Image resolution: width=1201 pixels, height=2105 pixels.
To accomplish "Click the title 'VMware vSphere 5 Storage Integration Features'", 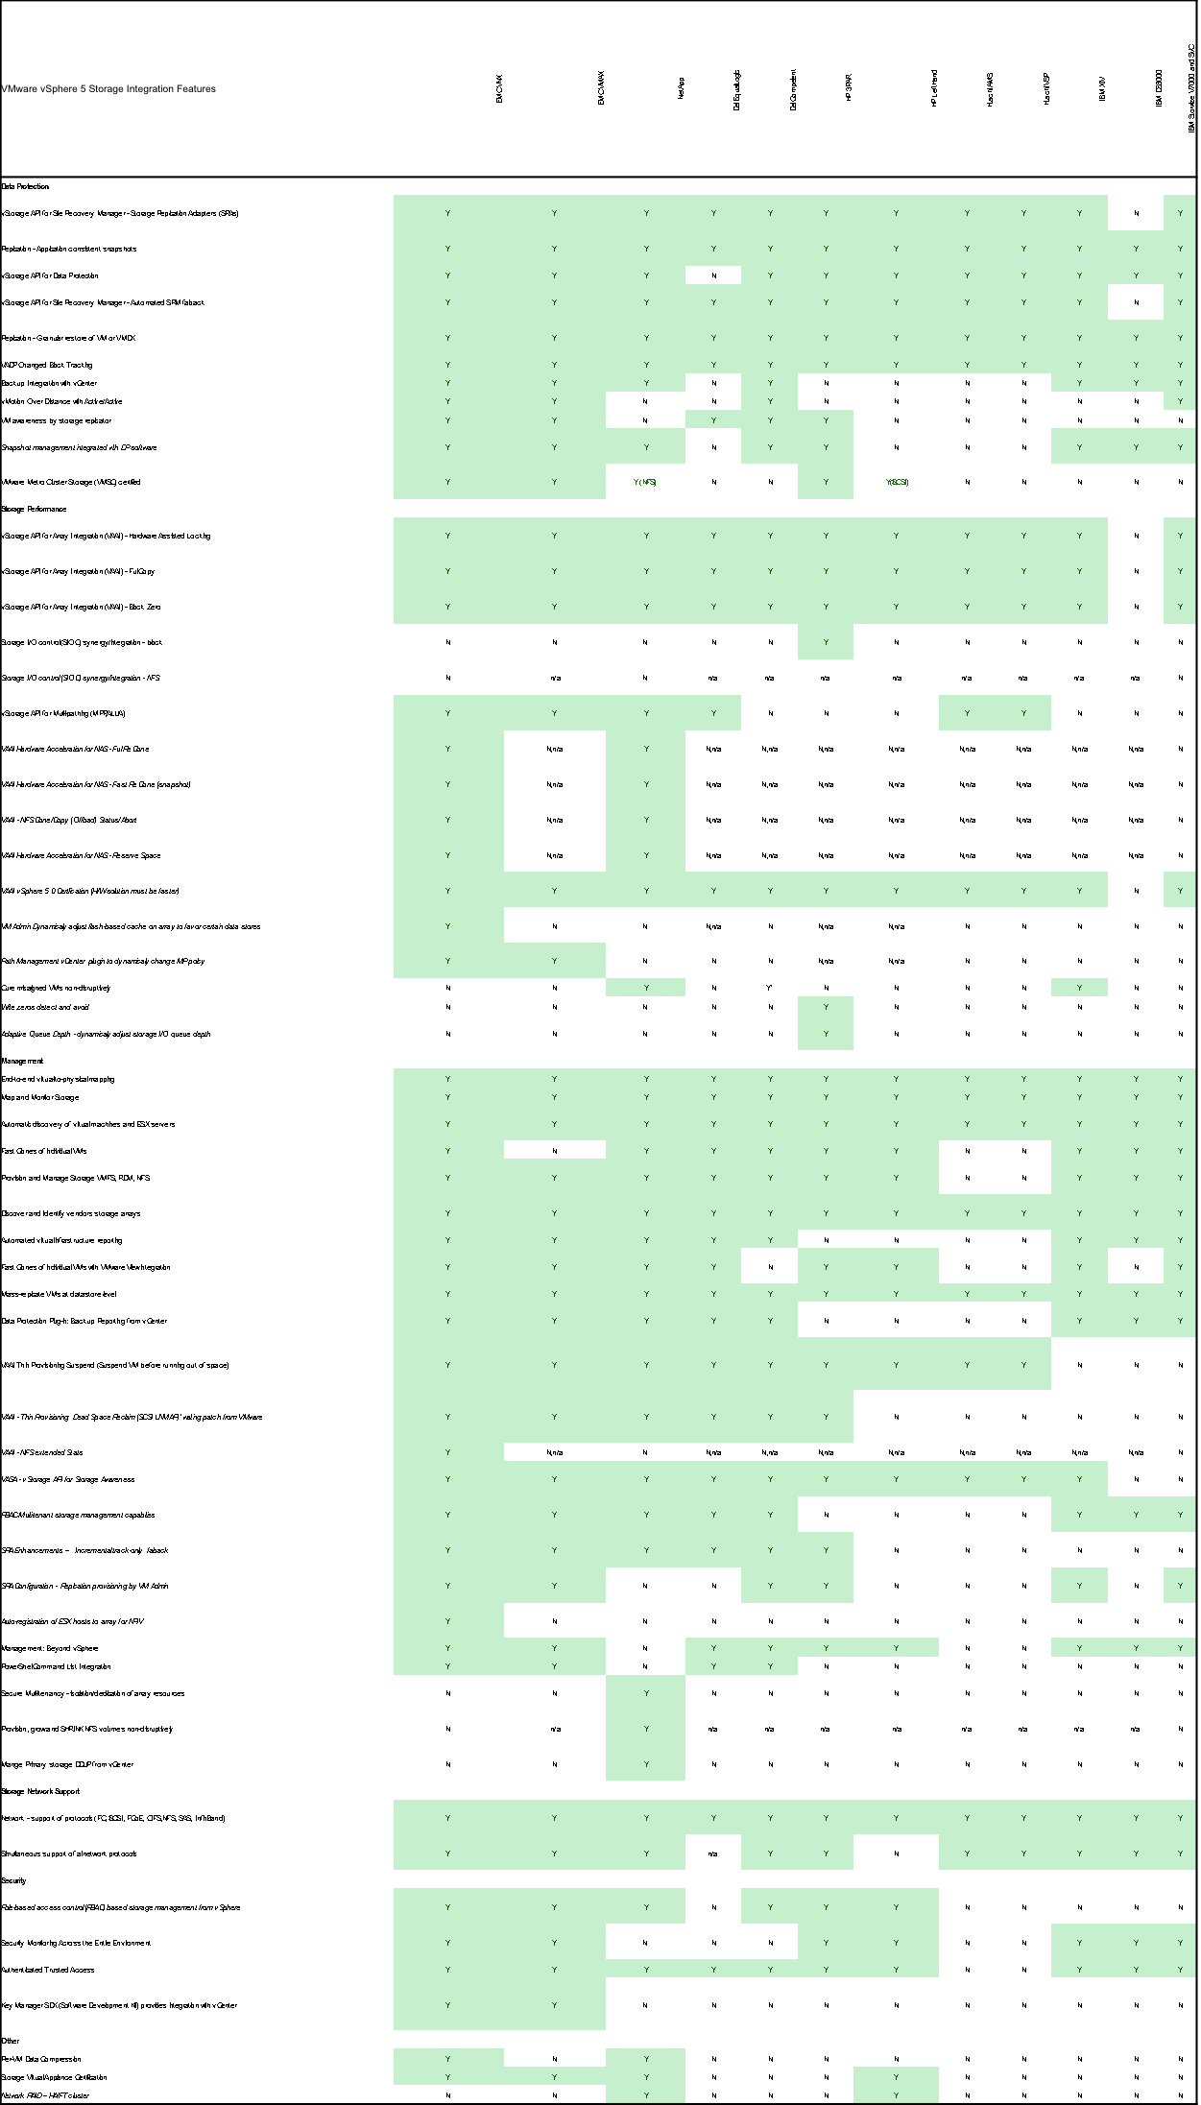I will [x=108, y=89].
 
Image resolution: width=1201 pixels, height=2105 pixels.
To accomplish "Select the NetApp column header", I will [x=681, y=89].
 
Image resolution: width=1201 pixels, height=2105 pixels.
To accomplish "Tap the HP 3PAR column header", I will [x=849, y=89].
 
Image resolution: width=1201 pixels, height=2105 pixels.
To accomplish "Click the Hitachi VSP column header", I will [x=1046, y=88].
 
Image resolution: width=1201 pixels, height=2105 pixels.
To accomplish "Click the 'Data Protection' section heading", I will [x=25, y=186].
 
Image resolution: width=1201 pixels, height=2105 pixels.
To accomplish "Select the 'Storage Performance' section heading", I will [x=34, y=509].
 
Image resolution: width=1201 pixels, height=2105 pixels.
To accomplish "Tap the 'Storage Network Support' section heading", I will [x=40, y=1791].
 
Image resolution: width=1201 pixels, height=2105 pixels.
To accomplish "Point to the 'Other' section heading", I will [x=11, y=2041].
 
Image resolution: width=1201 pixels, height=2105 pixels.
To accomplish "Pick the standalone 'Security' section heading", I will [x=13, y=1880].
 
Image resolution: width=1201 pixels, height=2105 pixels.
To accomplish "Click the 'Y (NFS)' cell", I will [x=645, y=482].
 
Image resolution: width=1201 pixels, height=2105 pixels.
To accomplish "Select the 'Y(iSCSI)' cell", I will [x=897, y=482].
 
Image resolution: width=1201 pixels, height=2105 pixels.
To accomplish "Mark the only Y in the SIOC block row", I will [x=826, y=642].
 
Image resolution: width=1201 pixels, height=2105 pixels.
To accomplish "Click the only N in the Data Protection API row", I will [x=713, y=275].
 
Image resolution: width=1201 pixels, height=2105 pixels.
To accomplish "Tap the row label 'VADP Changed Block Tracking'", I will [x=47, y=365].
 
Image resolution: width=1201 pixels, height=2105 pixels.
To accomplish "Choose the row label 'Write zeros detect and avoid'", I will [x=45, y=1007].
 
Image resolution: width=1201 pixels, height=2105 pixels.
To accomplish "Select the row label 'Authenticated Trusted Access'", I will [x=48, y=1970].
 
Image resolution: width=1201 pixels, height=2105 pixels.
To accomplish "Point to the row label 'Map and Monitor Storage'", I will [x=40, y=1097].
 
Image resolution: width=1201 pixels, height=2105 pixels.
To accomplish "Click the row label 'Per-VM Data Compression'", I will [x=41, y=2059].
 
